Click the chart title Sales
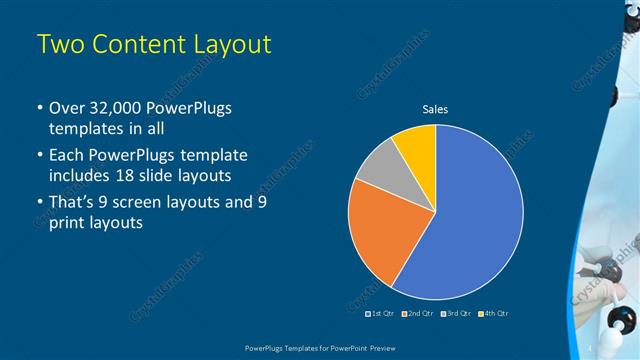coord(435,109)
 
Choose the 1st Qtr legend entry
coord(381,313)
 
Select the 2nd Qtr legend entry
coord(417,313)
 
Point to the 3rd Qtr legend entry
coord(456,313)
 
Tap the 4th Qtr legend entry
coord(494,313)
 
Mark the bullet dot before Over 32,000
coord(38,108)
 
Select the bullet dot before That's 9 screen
coord(38,202)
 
